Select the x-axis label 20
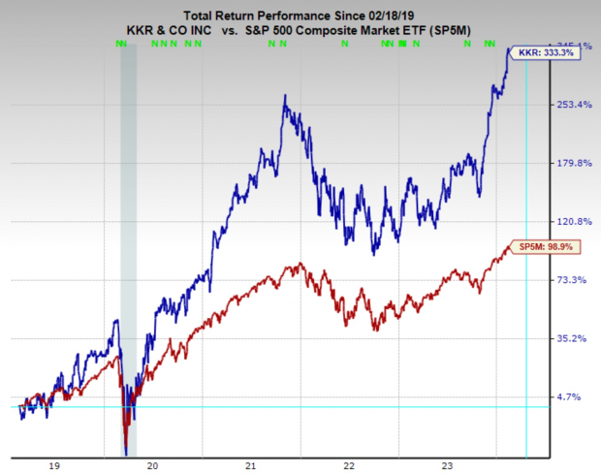(x=152, y=466)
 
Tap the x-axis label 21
(x=251, y=466)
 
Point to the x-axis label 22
(x=349, y=466)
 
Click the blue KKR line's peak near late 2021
(x=284, y=96)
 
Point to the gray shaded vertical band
(x=127, y=242)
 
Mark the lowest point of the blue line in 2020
(x=126, y=451)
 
